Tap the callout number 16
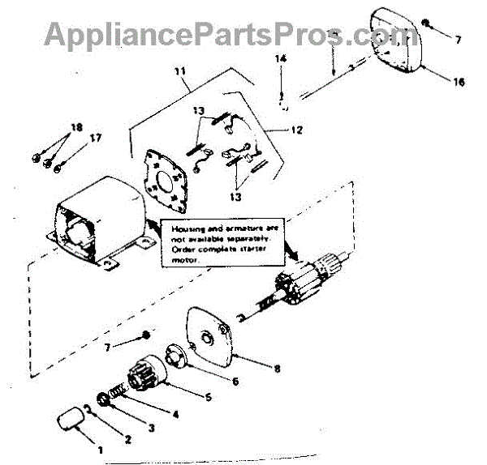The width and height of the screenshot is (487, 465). tap(459, 83)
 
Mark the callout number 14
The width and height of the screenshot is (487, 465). tap(280, 59)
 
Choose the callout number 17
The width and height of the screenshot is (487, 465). tap(96, 138)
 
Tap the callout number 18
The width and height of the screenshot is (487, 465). tap(76, 128)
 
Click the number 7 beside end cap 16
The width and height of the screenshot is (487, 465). tap(457, 39)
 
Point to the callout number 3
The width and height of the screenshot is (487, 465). tap(152, 427)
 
